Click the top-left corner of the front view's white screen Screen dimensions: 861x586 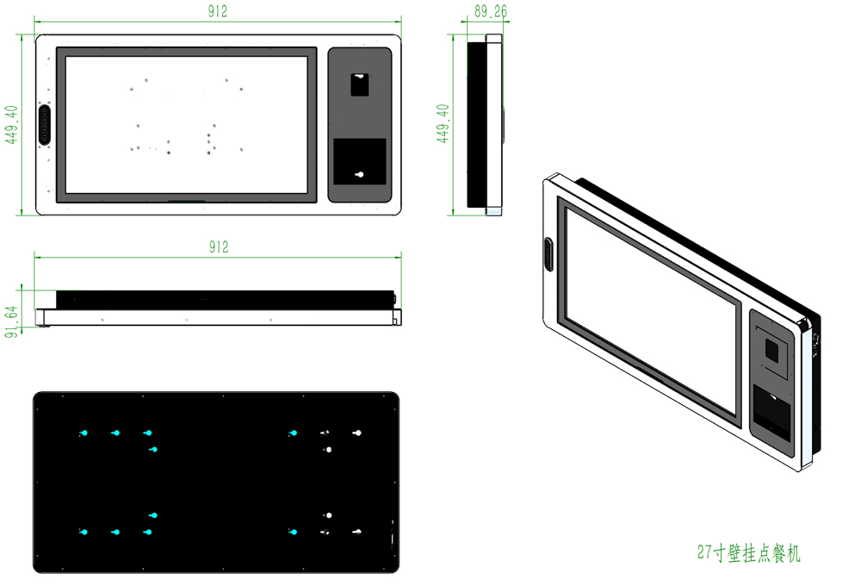click(x=66, y=57)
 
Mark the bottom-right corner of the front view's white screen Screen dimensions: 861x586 click(x=307, y=194)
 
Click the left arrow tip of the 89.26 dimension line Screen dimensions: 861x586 click(x=461, y=22)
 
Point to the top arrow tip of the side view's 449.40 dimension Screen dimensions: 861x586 click(x=453, y=34)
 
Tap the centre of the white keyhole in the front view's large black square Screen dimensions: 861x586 click(x=360, y=175)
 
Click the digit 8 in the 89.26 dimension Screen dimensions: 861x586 click(x=478, y=11)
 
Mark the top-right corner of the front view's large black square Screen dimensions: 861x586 click(x=386, y=139)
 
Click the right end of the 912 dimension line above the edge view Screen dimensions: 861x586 click(x=401, y=257)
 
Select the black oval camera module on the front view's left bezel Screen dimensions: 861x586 click(x=45, y=125)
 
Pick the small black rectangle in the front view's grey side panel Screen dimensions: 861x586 click(x=360, y=84)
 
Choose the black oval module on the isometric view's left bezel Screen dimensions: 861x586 click(x=548, y=254)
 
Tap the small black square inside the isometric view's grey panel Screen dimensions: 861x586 click(x=772, y=350)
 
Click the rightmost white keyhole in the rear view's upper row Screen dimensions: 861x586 click(x=357, y=433)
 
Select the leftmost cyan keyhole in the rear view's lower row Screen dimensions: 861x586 click(x=84, y=532)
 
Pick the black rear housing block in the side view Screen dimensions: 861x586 click(x=477, y=125)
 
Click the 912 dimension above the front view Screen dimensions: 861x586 click(x=218, y=11)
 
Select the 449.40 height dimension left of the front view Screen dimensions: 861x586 click(x=11, y=125)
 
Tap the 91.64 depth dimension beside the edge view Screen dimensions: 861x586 click(x=11, y=321)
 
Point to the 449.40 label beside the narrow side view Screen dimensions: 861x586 click(x=443, y=124)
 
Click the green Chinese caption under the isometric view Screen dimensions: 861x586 click(x=749, y=553)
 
